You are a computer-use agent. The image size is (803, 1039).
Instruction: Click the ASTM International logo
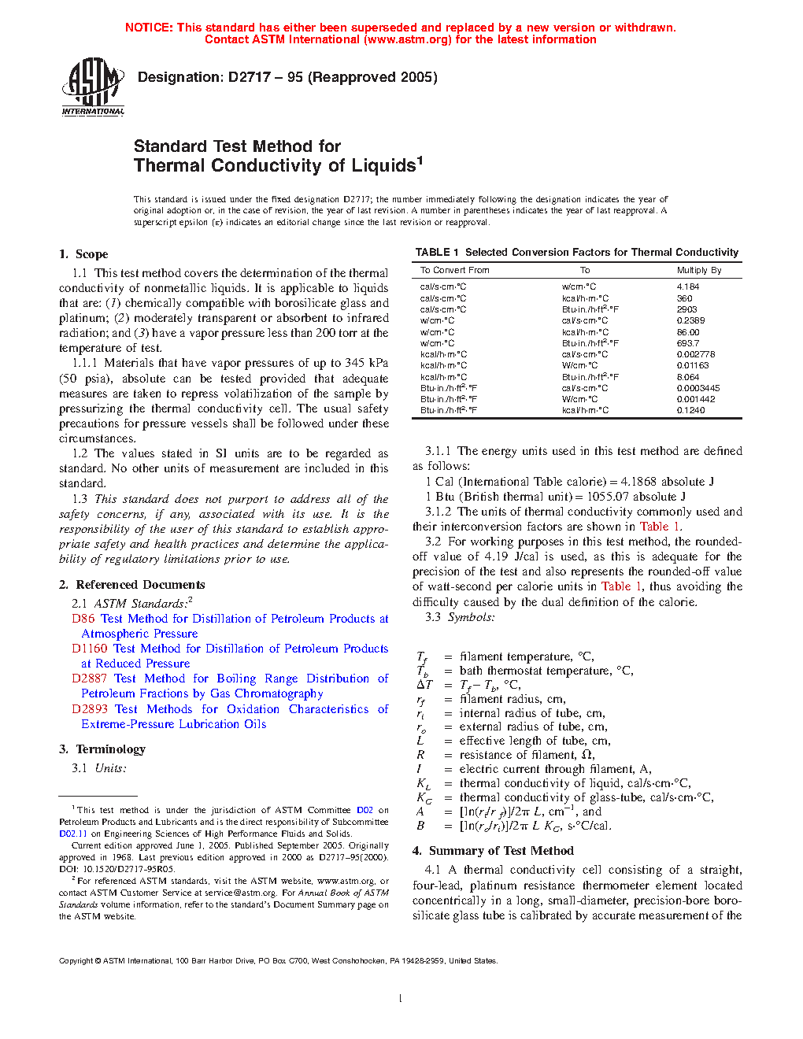tap(93, 87)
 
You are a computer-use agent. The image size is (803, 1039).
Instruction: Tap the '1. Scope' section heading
tap(83, 254)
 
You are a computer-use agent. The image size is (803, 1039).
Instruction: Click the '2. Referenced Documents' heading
tap(132, 585)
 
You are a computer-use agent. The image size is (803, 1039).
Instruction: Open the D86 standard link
tap(83, 619)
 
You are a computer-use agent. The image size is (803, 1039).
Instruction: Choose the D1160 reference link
tap(89, 649)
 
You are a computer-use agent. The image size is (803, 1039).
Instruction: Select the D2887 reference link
tap(89, 678)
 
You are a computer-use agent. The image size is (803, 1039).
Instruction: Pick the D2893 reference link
tap(89, 709)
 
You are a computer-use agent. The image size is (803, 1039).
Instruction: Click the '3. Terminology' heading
tap(102, 749)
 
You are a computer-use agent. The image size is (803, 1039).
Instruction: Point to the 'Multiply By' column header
tap(698, 270)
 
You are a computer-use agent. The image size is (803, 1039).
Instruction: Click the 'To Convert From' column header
tap(454, 270)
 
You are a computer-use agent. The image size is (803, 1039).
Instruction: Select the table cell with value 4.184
tap(687, 287)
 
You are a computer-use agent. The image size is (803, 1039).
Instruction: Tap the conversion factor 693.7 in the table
tap(687, 343)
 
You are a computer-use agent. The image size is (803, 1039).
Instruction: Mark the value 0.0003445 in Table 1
tap(698, 388)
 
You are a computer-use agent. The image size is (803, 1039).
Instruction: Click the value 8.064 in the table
tap(687, 377)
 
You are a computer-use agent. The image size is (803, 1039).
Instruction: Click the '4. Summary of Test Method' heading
tap(493, 851)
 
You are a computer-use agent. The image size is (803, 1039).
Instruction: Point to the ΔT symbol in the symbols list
tap(424, 685)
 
